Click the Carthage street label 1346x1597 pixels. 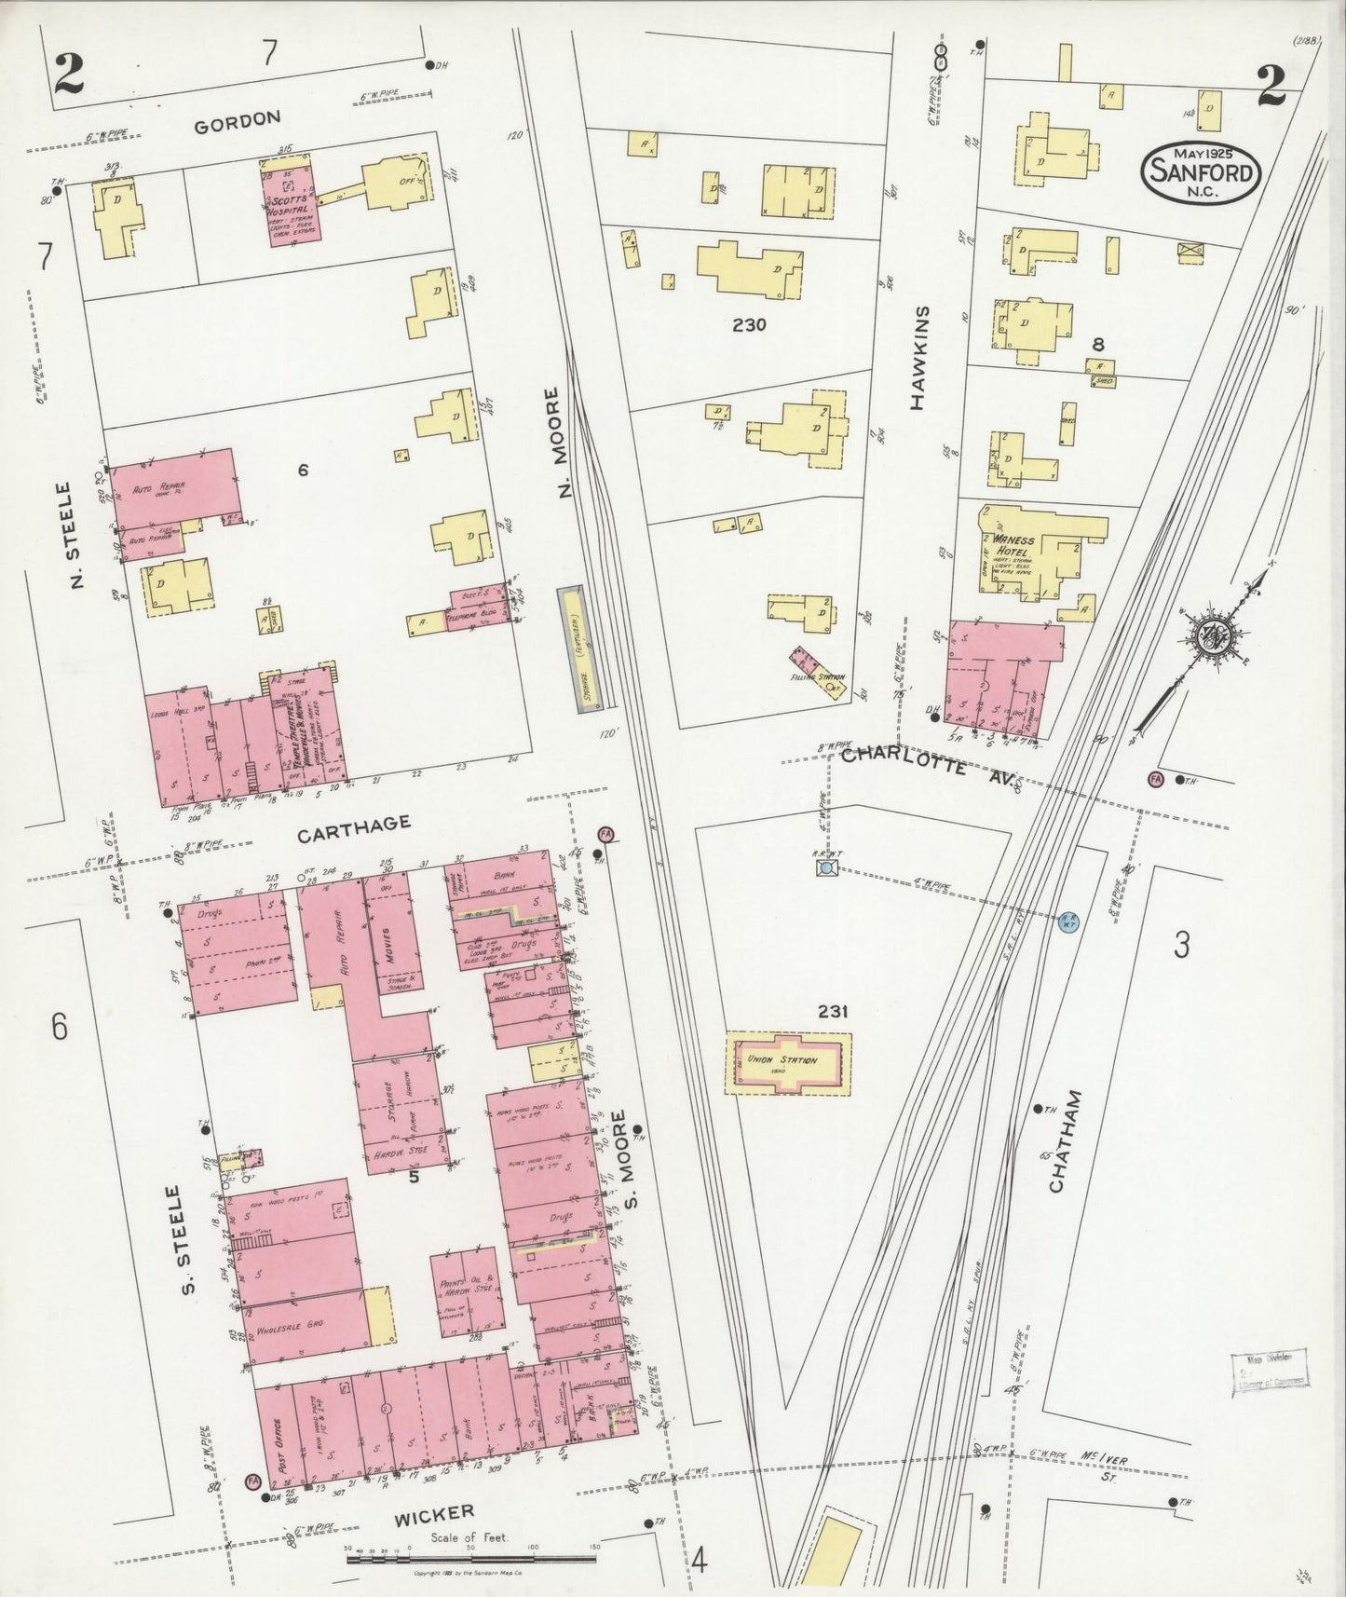353,825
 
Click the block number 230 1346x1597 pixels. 749,325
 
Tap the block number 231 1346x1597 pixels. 831,1010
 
